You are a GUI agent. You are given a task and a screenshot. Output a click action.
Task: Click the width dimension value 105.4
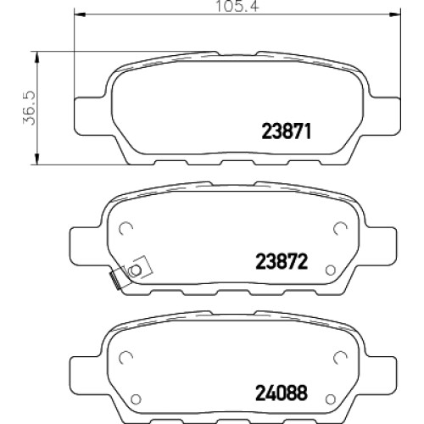(x=237, y=6)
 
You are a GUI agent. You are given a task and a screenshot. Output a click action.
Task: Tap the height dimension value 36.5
(x=29, y=108)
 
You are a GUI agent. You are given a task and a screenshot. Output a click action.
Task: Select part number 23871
(x=287, y=131)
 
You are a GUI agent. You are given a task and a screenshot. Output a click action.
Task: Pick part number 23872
(x=282, y=261)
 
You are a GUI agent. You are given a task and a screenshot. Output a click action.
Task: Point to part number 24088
(x=282, y=393)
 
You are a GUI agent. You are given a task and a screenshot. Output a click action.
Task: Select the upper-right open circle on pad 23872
(x=340, y=228)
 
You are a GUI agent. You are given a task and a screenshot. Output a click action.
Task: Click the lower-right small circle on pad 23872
(x=330, y=271)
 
